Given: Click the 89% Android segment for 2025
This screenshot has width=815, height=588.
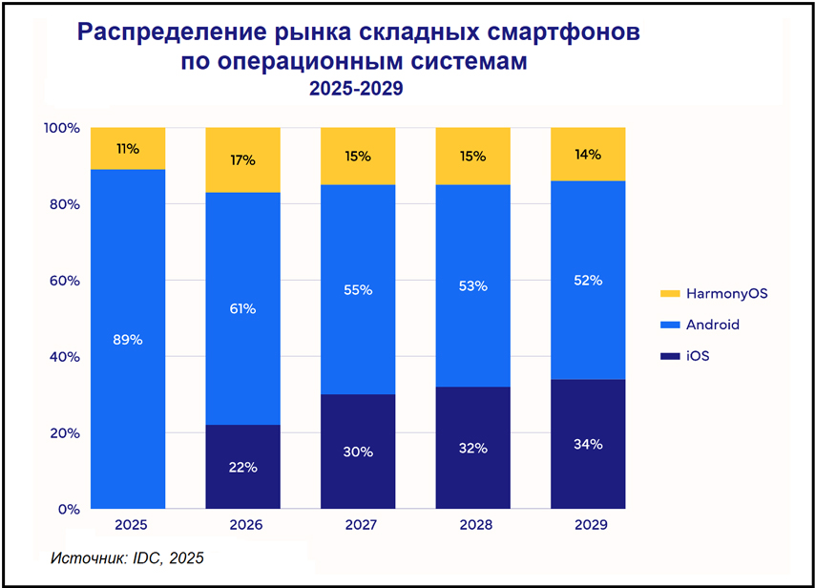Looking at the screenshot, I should point(128,339).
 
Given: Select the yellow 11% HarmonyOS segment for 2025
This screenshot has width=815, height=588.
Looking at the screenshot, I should point(128,149).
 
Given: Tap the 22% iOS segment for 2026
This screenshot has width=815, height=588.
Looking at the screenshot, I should point(243,467).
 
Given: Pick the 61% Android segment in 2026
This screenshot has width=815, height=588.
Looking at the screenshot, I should point(243,308).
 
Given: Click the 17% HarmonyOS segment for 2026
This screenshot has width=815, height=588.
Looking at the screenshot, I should point(243,160).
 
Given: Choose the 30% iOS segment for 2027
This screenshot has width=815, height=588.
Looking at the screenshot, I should point(358,451).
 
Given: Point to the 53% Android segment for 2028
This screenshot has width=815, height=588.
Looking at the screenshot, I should point(472,285).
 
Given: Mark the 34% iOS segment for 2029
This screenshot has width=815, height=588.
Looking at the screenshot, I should point(588,444).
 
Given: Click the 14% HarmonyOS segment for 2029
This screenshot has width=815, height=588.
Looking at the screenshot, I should point(588,155).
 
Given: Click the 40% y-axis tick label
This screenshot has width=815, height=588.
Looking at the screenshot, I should point(62,357).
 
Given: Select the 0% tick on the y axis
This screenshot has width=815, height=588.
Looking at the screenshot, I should point(66,509).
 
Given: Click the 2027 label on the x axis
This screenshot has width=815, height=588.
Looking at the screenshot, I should point(358,525).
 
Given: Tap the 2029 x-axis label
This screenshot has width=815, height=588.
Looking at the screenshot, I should point(588,525).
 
